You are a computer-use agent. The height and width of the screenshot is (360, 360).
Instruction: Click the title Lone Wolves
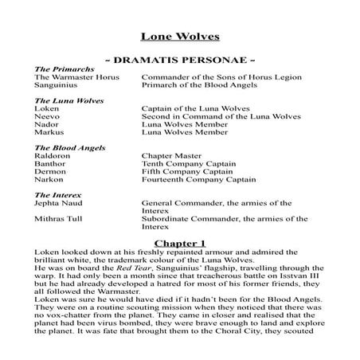[x=180, y=36]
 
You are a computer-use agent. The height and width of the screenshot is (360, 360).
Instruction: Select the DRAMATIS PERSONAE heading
[x=179, y=61]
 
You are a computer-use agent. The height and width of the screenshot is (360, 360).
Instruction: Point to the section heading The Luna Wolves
[x=64, y=101]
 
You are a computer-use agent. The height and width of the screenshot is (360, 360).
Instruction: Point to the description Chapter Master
[x=171, y=156]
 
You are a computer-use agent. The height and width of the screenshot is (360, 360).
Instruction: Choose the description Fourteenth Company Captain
[x=199, y=180]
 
